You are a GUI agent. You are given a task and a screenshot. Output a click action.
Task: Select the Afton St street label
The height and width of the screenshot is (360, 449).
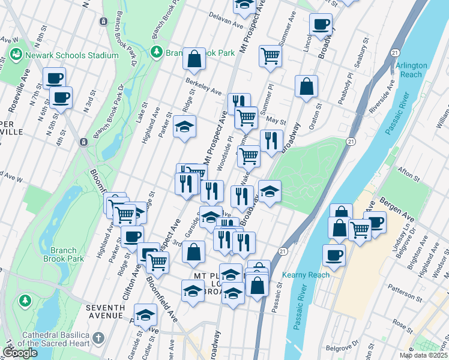(408, 175)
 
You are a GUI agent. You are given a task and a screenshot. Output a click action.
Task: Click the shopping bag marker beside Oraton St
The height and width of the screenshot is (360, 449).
(306, 86)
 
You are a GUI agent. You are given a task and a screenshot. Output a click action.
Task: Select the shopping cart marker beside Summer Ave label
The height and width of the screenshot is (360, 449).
(270, 56)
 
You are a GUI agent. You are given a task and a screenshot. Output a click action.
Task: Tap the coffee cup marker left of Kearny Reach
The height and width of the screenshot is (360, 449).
(334, 254)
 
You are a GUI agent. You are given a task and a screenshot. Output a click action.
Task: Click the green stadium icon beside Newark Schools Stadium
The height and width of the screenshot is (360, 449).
(16, 55)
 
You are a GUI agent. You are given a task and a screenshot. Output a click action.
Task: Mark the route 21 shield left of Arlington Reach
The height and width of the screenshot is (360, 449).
(394, 53)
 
